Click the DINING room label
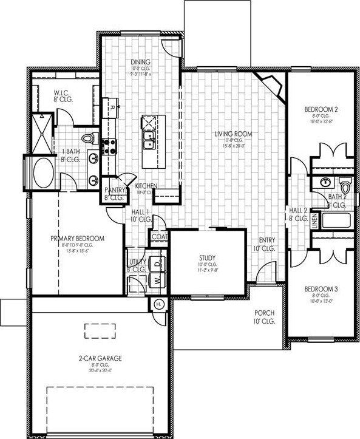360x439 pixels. click(x=140, y=62)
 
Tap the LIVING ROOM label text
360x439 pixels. click(x=233, y=134)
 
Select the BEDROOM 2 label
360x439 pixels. click(x=321, y=110)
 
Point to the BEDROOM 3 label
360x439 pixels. click(x=321, y=289)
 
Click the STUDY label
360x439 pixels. click(x=208, y=257)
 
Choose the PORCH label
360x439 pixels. click(x=264, y=313)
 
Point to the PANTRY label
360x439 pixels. click(x=115, y=190)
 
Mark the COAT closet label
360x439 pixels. click(x=159, y=237)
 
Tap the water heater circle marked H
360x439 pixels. click(x=159, y=304)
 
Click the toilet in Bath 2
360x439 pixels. click(x=345, y=184)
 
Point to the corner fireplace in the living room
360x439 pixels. click(x=271, y=84)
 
